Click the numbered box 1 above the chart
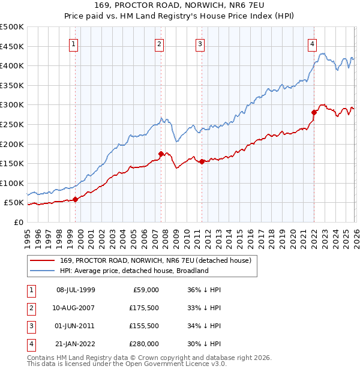tap(73, 43)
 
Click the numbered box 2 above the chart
tap(159, 43)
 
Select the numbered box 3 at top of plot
tap(200, 43)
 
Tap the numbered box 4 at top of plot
tap(313, 43)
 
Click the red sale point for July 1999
tap(75, 199)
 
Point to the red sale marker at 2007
tap(161, 154)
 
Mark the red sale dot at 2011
tap(202, 161)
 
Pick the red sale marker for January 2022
tap(314, 112)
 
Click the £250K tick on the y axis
tap(12, 124)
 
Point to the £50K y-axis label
tap(14, 203)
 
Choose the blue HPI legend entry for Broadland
tap(134, 271)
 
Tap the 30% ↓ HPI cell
tap(204, 344)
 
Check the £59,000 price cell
tap(145, 290)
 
